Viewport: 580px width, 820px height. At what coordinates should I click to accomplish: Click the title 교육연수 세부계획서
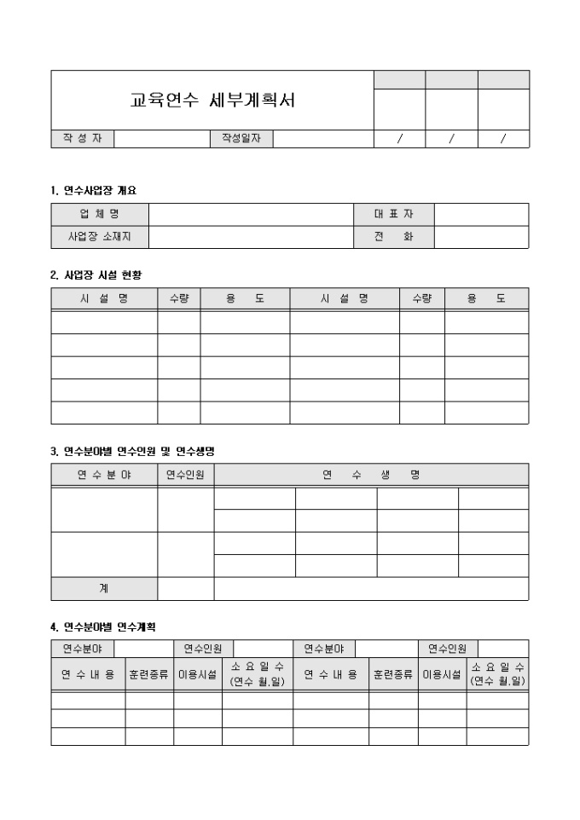(212, 101)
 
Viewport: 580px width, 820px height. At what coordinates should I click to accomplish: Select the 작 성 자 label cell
(82, 139)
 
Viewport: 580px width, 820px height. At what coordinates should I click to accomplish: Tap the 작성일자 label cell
(241, 139)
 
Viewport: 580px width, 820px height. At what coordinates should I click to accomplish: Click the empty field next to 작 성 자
(162, 139)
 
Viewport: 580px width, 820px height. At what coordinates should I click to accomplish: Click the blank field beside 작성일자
(322, 139)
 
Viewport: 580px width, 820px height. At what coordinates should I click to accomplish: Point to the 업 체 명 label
(100, 214)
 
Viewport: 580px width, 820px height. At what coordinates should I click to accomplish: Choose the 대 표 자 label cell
(393, 214)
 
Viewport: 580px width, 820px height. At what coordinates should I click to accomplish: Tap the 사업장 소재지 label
(100, 237)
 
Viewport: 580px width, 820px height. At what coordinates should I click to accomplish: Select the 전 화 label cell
(393, 237)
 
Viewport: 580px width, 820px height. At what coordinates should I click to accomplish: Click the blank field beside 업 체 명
(251, 214)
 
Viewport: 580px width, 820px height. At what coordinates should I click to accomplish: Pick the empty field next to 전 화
(481, 237)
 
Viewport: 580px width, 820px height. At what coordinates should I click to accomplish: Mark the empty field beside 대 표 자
(481, 214)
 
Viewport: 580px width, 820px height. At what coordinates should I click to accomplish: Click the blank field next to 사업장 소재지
(251, 237)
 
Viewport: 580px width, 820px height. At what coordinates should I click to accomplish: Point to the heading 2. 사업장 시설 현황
(96, 274)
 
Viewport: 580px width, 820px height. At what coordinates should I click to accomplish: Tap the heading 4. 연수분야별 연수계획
(104, 627)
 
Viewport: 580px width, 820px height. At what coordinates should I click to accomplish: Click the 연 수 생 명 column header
(371, 474)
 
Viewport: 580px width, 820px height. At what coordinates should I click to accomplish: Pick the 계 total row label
(104, 589)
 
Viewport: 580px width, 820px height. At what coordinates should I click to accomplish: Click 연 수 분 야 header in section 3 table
(104, 474)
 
